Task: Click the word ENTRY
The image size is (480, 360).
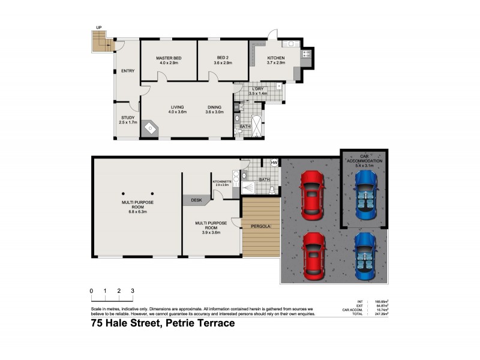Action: pos(128,71)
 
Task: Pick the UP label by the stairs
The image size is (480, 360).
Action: pos(99,28)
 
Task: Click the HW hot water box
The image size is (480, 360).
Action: pos(274,163)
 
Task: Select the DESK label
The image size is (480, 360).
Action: pos(196,200)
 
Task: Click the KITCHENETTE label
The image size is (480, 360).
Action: pos(221,182)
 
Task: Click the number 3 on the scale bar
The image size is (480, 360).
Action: pos(133,291)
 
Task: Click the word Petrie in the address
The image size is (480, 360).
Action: pos(180,323)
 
